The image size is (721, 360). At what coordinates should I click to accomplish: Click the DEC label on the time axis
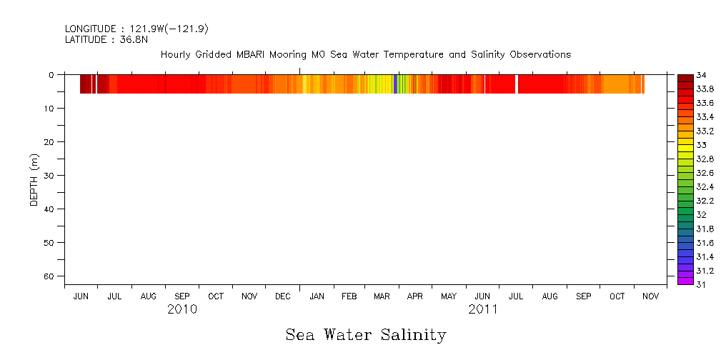tap(282, 296)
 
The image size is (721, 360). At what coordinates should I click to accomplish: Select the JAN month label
tap(316, 296)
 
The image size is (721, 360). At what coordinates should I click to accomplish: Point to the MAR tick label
tap(382, 296)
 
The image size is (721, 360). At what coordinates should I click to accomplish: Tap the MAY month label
tap(449, 296)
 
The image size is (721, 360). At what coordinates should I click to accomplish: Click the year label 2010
tap(182, 310)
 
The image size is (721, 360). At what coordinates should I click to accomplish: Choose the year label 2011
tap(483, 310)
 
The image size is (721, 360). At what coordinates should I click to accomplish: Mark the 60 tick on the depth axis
tap(50, 276)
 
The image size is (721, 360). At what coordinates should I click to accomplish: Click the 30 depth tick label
tap(50, 176)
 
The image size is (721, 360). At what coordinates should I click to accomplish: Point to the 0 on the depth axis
tap(52, 75)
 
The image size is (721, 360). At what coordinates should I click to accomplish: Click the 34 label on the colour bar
tap(702, 75)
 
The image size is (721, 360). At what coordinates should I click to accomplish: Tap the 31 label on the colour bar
tap(702, 284)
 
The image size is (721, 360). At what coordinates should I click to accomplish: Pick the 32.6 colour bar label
tap(705, 173)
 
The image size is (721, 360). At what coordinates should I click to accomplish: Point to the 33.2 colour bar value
tap(705, 131)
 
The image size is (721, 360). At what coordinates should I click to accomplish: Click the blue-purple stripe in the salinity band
tap(396, 84)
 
